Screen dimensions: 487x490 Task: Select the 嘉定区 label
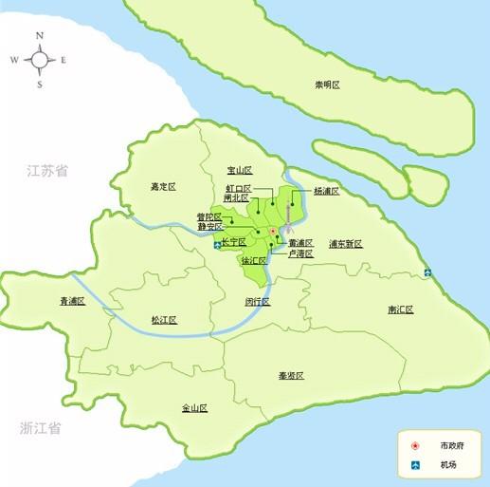[x=164, y=186]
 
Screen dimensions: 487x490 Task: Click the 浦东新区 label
[x=346, y=244]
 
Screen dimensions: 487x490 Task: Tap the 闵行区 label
[x=257, y=301]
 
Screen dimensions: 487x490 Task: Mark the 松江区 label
[x=164, y=321]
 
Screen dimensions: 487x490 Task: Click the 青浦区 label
[x=72, y=301]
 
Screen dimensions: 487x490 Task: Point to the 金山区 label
[x=194, y=408]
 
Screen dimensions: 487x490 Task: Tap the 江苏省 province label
[x=47, y=172]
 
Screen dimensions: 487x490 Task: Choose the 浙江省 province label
[x=40, y=428]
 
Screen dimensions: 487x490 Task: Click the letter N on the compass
[x=40, y=35]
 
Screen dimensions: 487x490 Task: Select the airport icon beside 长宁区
[x=218, y=244]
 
